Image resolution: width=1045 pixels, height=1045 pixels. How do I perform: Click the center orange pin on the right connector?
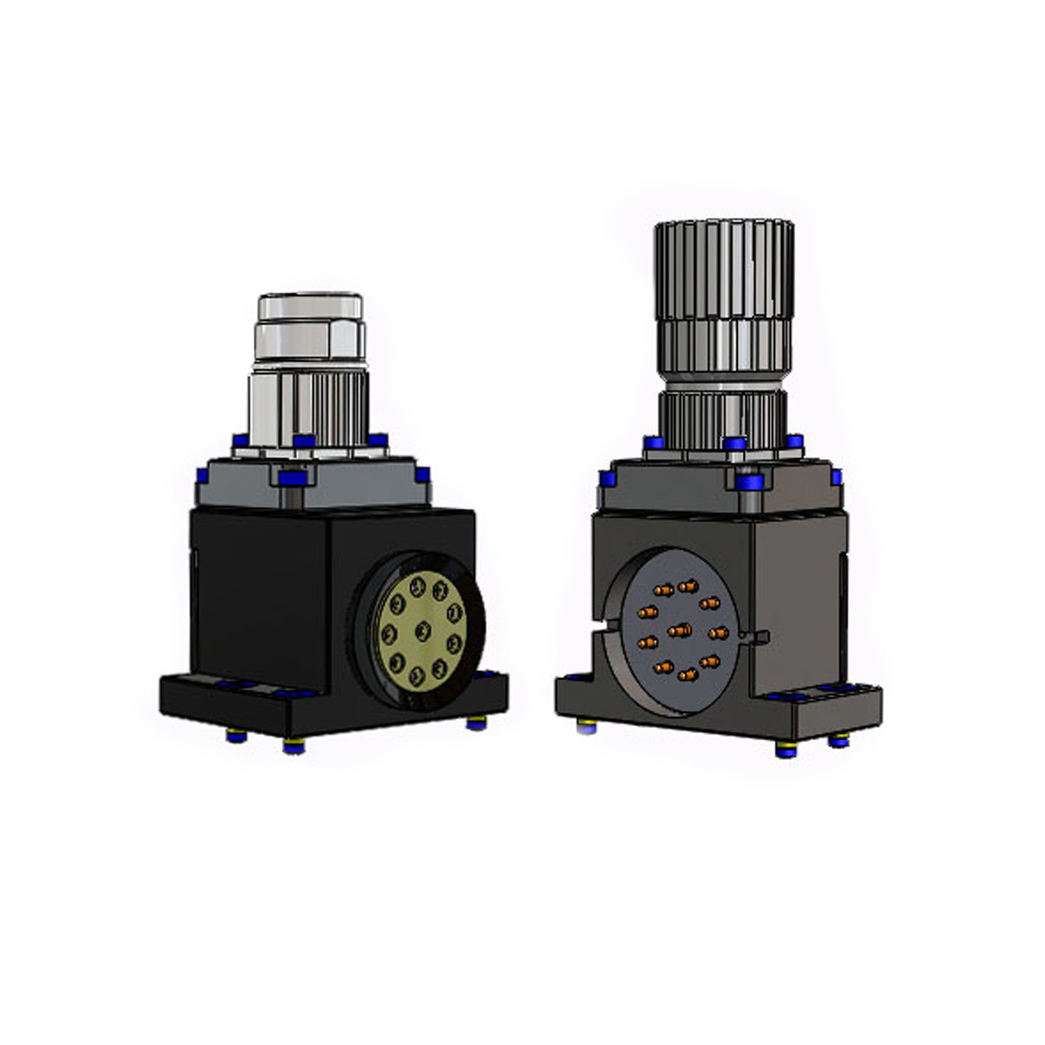coord(679,629)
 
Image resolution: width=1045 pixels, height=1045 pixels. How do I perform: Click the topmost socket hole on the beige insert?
coord(419,584)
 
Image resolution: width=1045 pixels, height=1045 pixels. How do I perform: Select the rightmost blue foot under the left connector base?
coord(475,722)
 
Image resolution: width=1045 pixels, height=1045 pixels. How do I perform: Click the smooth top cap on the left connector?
coord(309,307)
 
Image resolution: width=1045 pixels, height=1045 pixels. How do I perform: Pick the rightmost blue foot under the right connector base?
coord(838,739)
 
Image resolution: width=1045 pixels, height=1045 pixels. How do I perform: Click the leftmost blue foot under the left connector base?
coord(236,735)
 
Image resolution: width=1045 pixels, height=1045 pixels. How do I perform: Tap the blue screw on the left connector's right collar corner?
coord(422,475)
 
